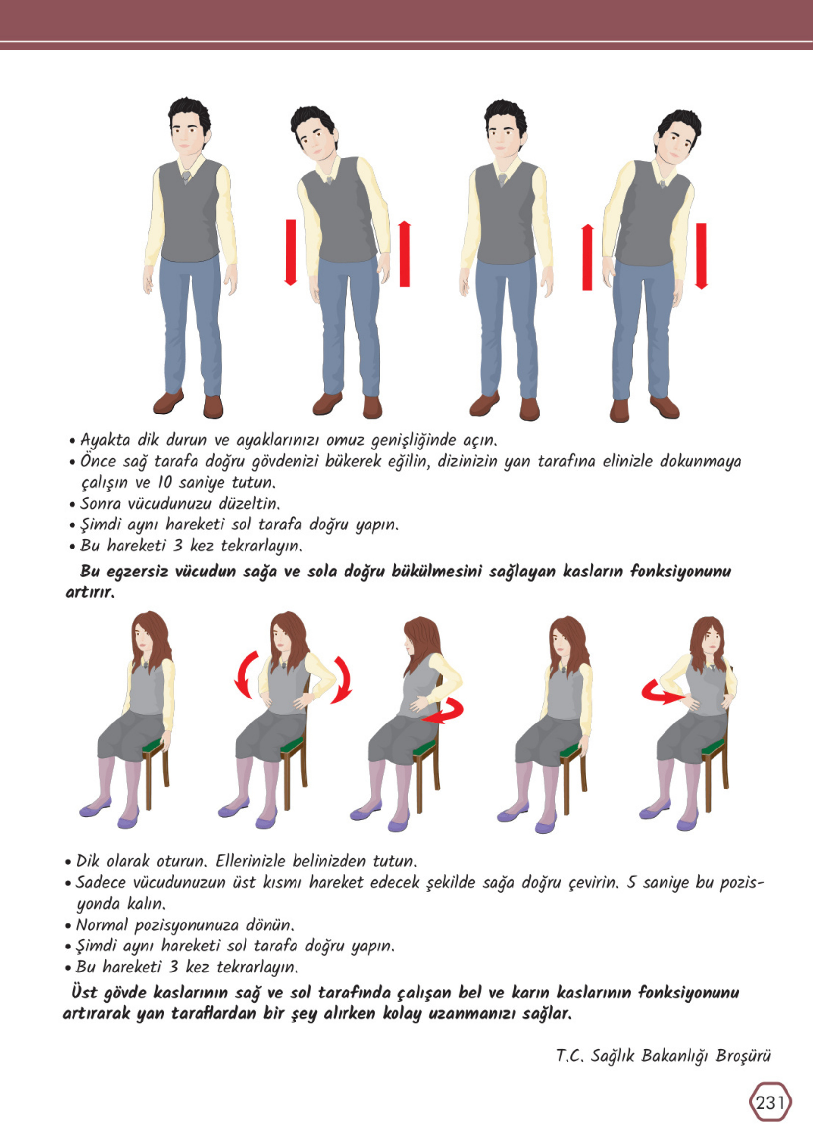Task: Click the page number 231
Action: pyautogui.click(x=770, y=1102)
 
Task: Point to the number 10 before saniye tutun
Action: pyautogui.click(x=164, y=482)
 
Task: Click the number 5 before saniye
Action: pyautogui.click(x=631, y=882)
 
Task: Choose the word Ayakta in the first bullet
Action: pyautogui.click(x=105, y=440)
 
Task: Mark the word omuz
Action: pyautogui.click(x=345, y=440)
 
